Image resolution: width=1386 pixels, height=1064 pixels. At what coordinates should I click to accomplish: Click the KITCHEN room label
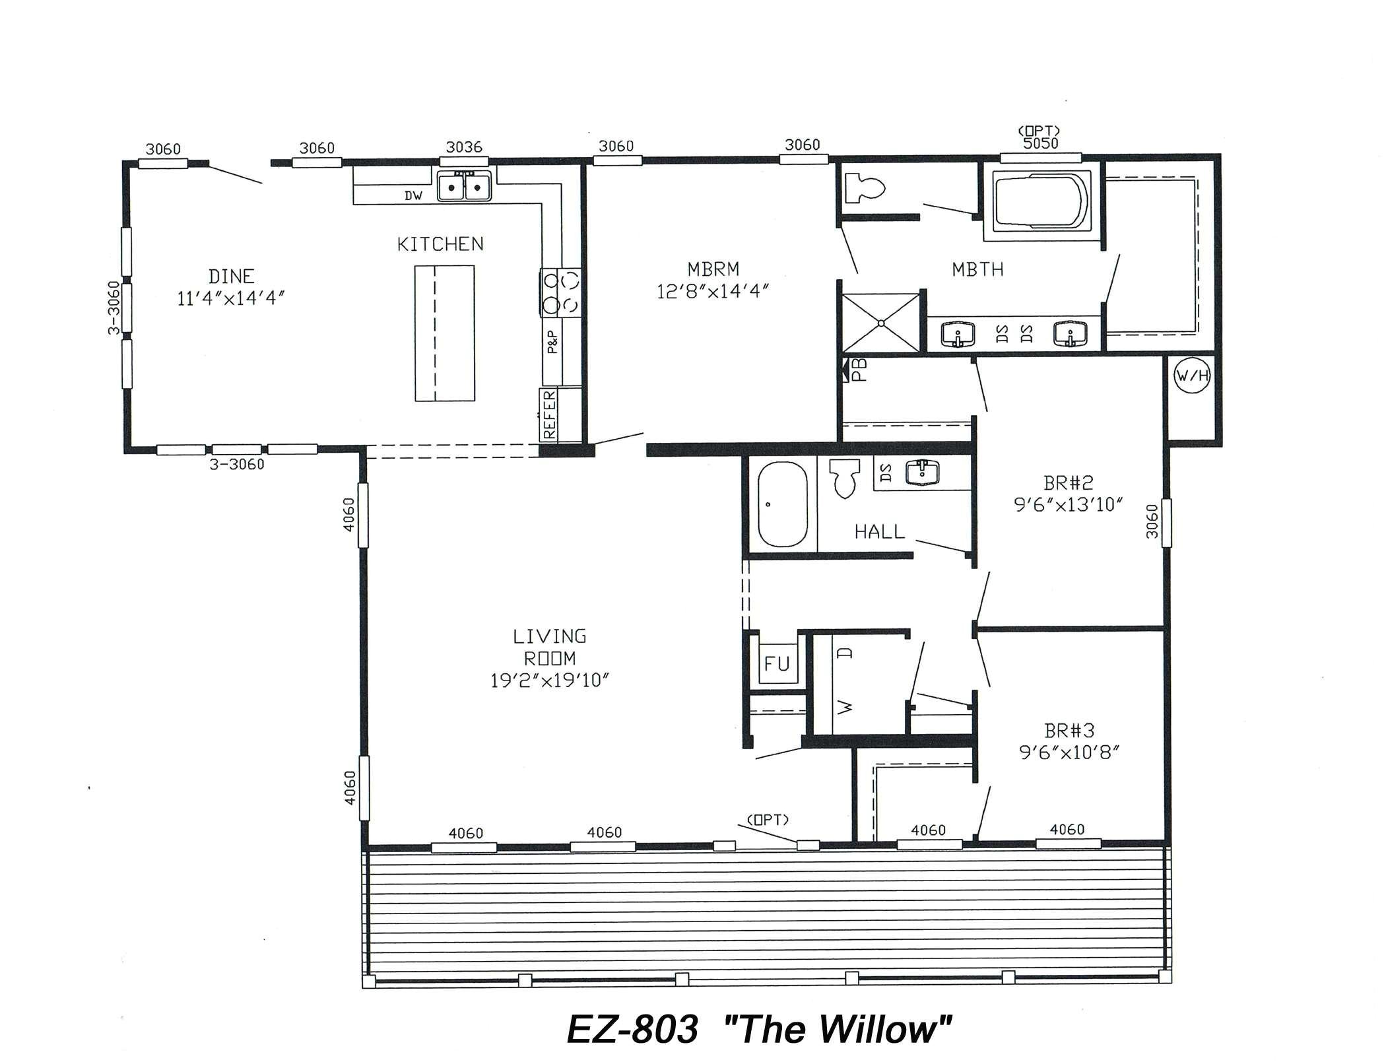(440, 244)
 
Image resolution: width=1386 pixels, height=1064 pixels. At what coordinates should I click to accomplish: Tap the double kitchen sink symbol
(464, 186)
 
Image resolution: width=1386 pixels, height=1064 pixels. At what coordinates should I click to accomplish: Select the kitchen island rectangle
(444, 333)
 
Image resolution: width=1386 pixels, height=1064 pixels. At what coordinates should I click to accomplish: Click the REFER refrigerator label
(549, 415)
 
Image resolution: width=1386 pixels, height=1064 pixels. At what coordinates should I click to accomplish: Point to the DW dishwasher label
(413, 195)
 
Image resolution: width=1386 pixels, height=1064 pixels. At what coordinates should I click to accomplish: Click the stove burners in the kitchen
(560, 292)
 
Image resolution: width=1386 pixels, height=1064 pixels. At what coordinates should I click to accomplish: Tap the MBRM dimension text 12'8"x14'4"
(713, 291)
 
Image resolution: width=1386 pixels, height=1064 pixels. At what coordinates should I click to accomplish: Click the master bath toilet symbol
(864, 187)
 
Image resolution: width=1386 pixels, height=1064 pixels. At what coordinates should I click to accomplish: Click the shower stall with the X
(881, 323)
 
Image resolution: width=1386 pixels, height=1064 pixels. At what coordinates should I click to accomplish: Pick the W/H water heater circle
(1193, 376)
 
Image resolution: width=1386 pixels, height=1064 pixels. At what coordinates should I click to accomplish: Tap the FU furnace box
(776, 663)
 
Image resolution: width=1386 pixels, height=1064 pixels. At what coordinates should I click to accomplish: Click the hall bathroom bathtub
(782, 504)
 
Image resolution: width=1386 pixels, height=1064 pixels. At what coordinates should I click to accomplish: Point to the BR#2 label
(1069, 482)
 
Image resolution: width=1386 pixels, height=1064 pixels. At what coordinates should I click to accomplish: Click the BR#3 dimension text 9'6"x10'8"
(1069, 752)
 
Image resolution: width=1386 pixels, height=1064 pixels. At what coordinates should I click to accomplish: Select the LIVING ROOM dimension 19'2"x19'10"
(549, 680)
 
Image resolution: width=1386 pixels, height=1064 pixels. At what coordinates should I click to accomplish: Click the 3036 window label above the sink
(464, 147)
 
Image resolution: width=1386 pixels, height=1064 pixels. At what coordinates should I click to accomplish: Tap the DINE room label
(231, 276)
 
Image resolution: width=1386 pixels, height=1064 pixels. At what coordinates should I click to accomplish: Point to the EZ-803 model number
(632, 1029)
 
